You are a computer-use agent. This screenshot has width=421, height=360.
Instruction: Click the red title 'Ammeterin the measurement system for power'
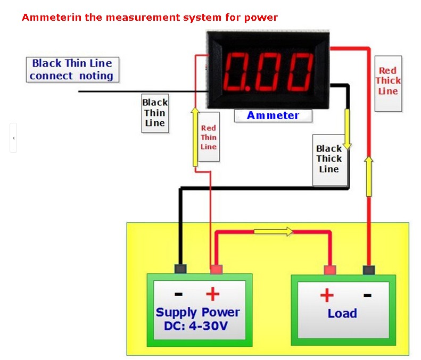coord(150,18)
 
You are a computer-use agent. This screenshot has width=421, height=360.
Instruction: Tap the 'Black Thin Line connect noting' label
coord(72,70)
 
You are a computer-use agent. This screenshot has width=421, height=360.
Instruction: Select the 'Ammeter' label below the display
coord(273,115)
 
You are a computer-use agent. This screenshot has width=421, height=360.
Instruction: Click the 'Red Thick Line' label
coord(387,81)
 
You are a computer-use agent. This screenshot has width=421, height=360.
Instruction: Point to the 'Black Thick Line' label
coord(329,159)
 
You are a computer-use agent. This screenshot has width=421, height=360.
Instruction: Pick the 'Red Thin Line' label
coord(208,137)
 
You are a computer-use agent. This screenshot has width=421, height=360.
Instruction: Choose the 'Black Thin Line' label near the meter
coord(154,113)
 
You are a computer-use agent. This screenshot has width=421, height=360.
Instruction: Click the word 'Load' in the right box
coord(342,313)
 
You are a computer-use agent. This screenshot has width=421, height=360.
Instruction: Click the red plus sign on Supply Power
coord(212,295)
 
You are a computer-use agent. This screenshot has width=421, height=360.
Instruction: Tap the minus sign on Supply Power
coord(179,295)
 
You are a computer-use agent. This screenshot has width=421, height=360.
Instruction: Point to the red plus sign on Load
coord(326,295)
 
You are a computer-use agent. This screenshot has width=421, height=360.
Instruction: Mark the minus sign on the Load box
coord(367,295)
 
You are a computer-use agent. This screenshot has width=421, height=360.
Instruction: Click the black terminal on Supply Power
coord(180,269)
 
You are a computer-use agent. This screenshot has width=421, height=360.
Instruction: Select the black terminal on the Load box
coord(368,270)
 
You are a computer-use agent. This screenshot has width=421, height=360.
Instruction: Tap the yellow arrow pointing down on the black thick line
coord(348,129)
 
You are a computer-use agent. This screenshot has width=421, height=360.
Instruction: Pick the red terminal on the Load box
coord(329,270)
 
